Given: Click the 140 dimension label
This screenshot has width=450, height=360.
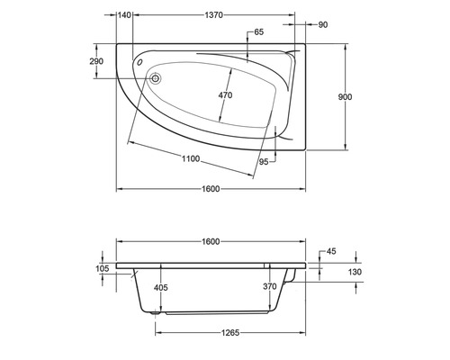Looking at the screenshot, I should coord(125,15).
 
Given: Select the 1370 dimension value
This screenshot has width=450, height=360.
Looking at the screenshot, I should coord(213,15).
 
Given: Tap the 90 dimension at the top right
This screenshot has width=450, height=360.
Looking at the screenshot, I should coord(323,23).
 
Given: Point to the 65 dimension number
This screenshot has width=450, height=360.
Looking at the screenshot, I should coord(259,32).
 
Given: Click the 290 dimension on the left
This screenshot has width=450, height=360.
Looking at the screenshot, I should coord(97,60).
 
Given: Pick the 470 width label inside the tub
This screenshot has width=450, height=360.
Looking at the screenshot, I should coord(225,95).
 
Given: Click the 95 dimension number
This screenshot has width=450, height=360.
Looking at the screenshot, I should coord(264,162).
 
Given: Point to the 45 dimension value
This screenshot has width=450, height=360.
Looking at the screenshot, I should coord(332,251).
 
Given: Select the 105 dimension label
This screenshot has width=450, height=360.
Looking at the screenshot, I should coord(102,268).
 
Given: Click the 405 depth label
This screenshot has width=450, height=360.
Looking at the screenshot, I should coord(161,287).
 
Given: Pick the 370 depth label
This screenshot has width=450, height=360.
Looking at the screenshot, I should coord(269,287).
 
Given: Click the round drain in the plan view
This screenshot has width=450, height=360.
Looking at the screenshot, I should coord(156,78).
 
